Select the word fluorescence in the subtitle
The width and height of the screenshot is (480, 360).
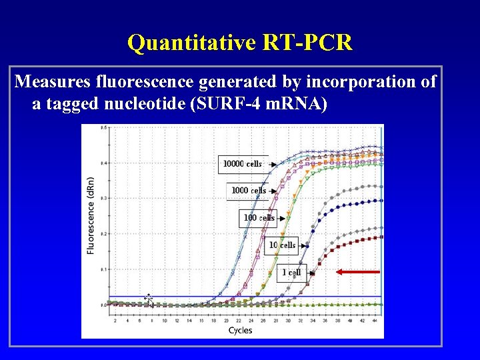point(155,82)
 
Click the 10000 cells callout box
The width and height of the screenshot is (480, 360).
point(242,163)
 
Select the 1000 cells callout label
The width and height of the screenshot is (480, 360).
point(249,191)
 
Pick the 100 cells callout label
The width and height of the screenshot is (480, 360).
point(259,218)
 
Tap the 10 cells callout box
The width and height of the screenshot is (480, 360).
point(282,245)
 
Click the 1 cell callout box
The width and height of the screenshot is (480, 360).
point(291,272)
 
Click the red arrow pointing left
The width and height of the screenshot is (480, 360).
point(358,272)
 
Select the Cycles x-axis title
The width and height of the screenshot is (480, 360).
point(240,331)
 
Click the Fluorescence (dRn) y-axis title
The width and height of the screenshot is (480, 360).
point(91,215)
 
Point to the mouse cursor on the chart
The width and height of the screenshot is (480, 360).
point(149,301)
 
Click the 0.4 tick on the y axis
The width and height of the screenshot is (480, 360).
point(103,163)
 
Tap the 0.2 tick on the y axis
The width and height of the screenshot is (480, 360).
point(103,233)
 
